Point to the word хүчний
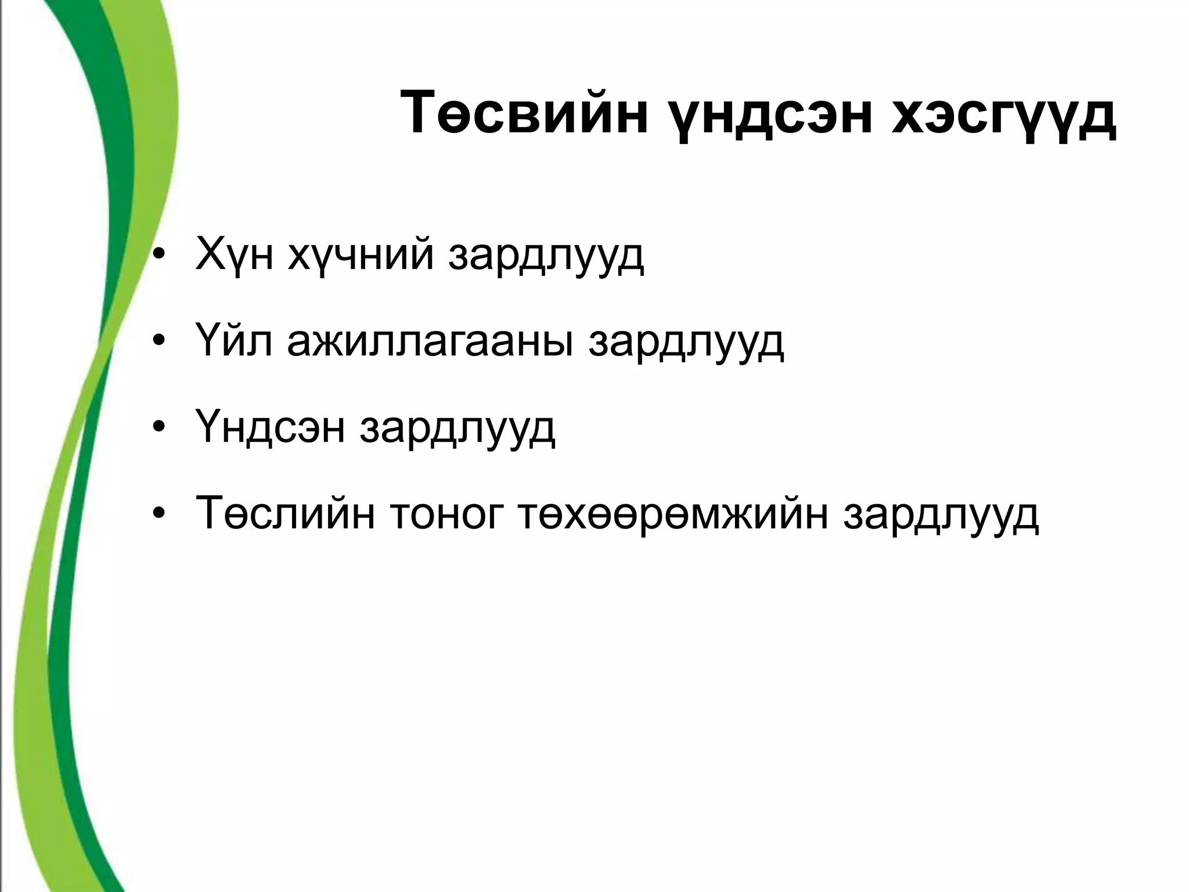[361, 256]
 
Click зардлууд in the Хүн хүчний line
[546, 256]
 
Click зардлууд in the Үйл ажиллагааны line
[686, 343]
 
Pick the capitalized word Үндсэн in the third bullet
[271, 428]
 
